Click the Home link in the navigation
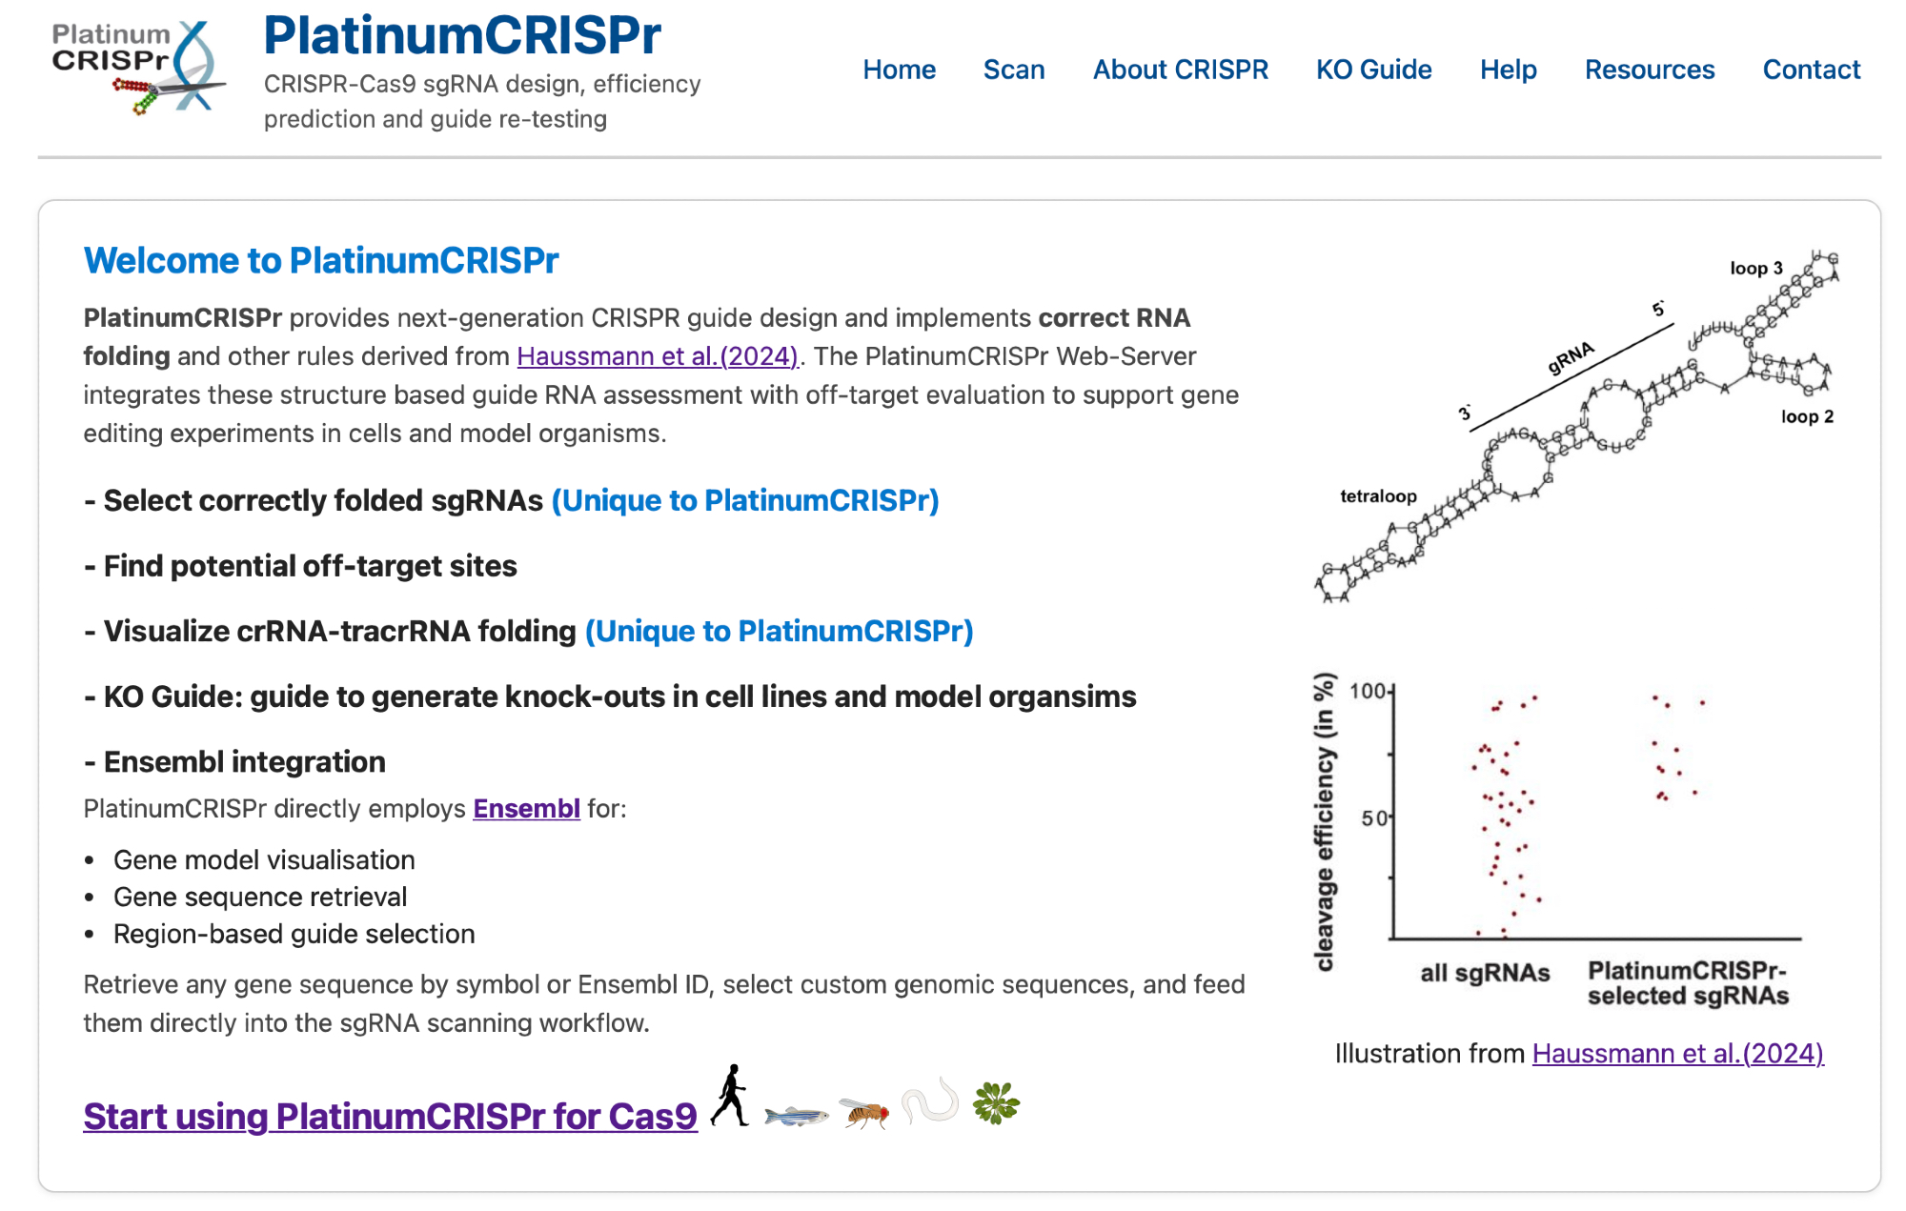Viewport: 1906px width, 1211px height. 899,70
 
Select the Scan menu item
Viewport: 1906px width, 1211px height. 1014,70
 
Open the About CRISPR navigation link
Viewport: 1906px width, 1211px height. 1180,70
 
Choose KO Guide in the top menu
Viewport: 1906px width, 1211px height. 1373,70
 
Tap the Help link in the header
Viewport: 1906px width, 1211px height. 1508,70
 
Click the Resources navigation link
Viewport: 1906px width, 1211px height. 1649,70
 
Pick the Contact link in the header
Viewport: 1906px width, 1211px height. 1811,70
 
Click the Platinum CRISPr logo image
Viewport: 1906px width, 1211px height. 139,67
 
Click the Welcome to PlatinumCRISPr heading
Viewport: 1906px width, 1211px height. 321,260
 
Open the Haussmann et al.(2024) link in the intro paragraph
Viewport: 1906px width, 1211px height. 657,356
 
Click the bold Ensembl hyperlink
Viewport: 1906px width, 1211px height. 526,809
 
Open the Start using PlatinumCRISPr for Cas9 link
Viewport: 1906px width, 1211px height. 390,1116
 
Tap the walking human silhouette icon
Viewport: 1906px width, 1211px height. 730,1096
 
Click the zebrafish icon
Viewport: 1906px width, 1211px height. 796,1114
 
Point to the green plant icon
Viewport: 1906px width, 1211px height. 996,1102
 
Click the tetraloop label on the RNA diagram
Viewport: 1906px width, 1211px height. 1378,496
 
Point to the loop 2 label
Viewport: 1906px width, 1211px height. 1807,416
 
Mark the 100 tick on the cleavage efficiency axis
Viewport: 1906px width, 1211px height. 1368,691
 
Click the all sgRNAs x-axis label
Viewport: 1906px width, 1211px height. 1485,973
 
